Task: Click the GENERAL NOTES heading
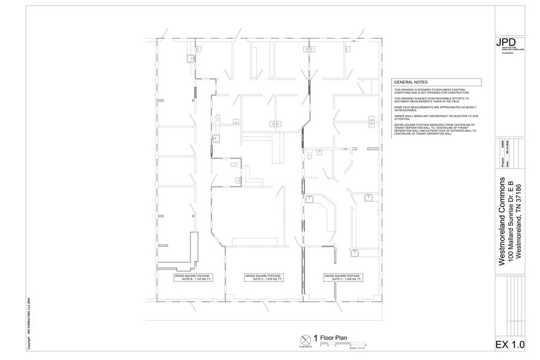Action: tap(411, 83)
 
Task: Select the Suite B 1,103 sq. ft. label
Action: tap(193, 278)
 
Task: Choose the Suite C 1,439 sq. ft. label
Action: tap(343, 278)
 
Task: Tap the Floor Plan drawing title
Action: tap(334, 337)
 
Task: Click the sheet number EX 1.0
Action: tap(509, 344)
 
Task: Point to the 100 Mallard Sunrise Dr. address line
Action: tap(512, 222)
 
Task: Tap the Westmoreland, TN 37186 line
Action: tap(520, 222)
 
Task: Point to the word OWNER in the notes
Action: tap(399, 115)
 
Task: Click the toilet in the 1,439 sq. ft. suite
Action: tap(311, 157)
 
